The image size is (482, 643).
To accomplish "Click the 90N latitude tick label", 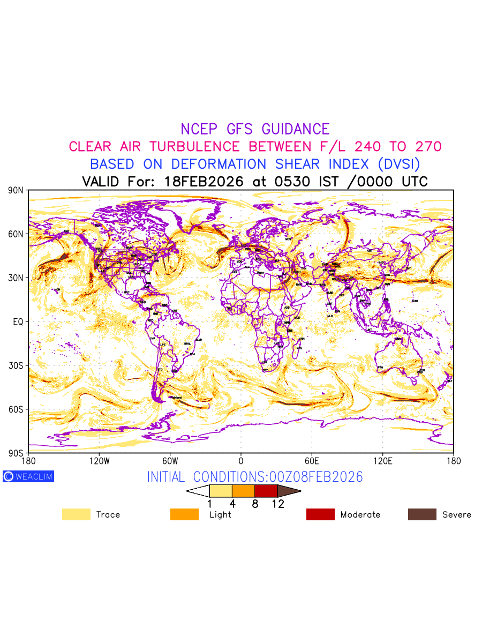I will point(16,190).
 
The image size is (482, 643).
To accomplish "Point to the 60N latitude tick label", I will point(16,234).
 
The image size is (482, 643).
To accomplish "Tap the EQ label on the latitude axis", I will point(18,322).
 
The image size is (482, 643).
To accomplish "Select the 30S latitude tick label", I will point(16,365).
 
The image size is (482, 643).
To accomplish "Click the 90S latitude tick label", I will point(16,453).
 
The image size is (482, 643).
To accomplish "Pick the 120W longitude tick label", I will point(99,461).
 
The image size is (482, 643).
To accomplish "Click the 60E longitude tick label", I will point(311,461).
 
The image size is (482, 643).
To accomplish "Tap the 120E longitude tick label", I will point(382,461).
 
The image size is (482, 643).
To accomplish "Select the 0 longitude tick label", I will point(241,461).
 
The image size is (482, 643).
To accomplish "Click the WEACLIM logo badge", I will point(28,476).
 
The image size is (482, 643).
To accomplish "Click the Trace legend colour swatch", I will point(76,514).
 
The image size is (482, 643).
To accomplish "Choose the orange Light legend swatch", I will point(184,514).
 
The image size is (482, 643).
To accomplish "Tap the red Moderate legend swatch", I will point(320,514).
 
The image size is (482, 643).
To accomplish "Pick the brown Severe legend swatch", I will point(422,514).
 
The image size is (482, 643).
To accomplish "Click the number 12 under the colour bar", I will point(277,504).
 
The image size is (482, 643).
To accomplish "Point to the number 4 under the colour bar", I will point(232,504).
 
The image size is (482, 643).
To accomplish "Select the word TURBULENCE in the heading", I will point(194,147).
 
